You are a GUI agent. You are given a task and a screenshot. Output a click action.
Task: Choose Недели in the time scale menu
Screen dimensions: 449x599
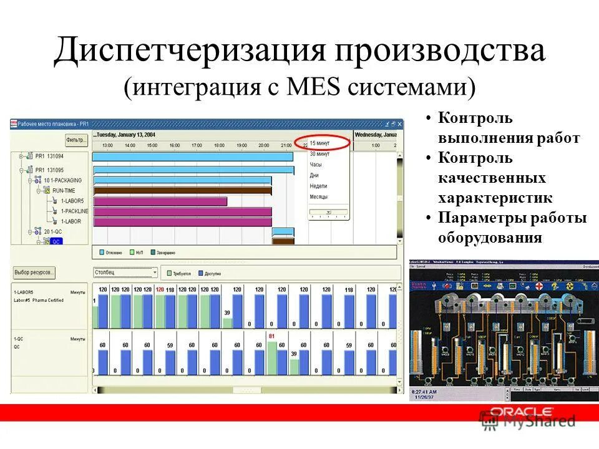point(318,186)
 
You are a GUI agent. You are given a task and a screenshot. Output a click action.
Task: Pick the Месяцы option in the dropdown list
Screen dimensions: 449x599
point(319,196)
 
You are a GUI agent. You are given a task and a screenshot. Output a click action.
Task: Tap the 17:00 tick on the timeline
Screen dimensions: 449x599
point(197,145)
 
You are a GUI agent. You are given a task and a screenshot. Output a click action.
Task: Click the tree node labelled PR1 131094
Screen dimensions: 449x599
point(49,156)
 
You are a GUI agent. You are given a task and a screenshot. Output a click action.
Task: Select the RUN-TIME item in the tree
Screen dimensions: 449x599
point(65,190)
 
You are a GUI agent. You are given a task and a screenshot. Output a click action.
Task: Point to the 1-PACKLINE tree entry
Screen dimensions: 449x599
point(74,211)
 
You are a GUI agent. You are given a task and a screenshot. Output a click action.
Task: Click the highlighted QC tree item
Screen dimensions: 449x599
point(56,241)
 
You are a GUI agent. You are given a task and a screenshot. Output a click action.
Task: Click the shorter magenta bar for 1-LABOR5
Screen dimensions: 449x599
point(160,201)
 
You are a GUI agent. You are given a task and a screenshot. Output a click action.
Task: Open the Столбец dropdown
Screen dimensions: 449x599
point(125,273)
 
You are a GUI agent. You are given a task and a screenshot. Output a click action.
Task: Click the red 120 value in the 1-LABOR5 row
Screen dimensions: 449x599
point(160,289)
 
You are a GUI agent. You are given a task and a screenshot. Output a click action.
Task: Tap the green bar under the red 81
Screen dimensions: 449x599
point(271,358)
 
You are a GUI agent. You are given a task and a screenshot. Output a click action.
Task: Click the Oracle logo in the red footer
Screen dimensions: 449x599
point(522,412)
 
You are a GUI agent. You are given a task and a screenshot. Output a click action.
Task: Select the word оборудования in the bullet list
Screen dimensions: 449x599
point(489,238)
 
